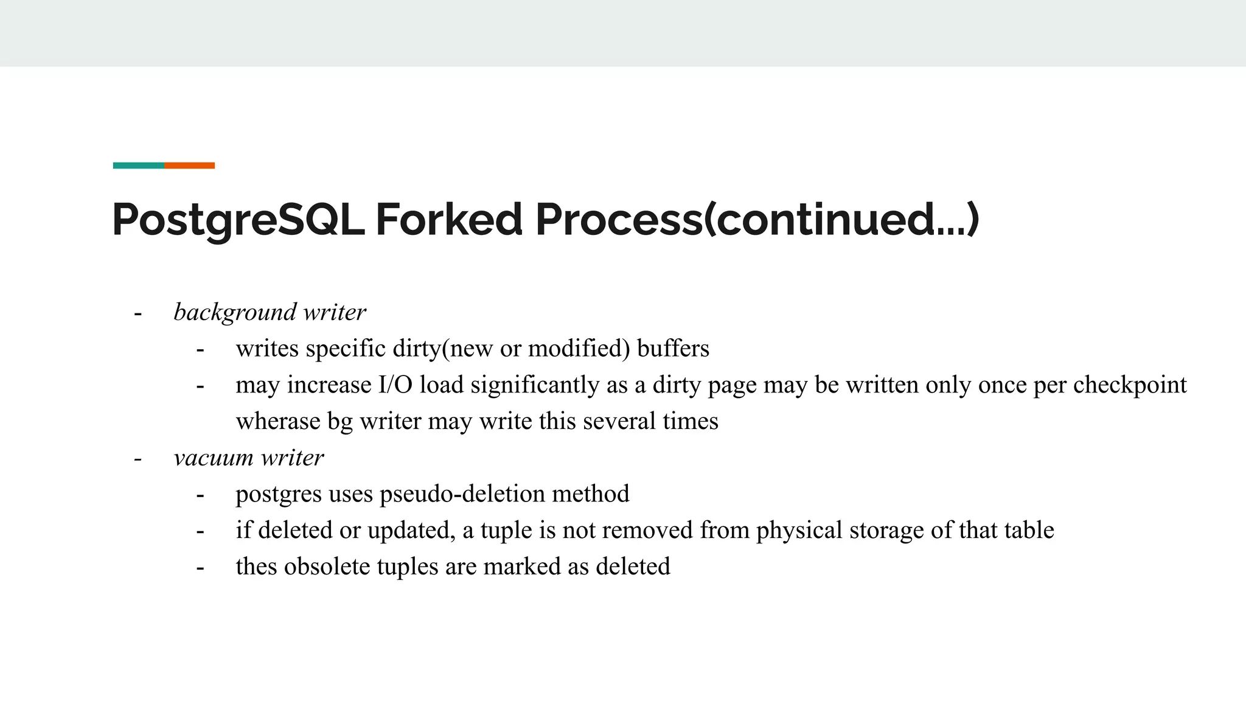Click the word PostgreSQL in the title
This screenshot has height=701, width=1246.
point(238,220)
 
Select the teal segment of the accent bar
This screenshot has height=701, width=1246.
point(138,166)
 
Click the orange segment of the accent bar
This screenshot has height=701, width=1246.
point(189,166)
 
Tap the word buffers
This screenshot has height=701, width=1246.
point(673,349)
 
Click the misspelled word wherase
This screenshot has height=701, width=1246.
point(278,421)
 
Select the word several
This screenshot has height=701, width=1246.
point(619,421)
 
